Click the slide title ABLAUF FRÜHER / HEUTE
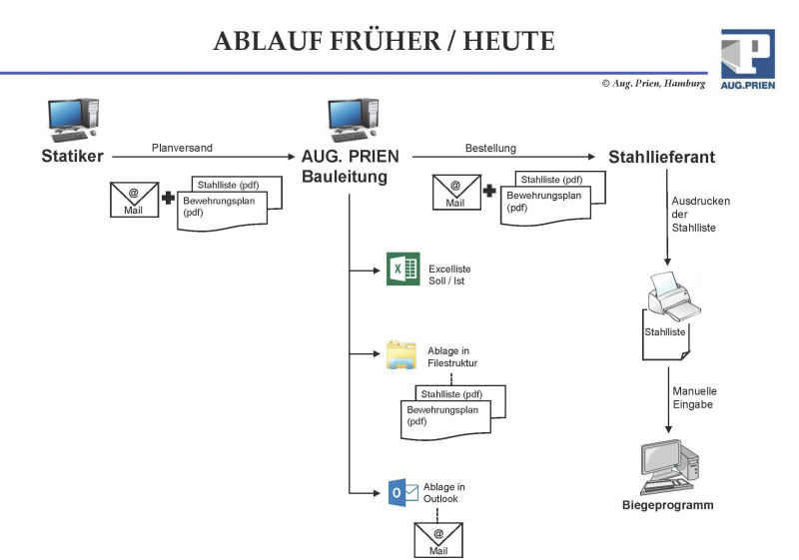384,41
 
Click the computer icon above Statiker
73,120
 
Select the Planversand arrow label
182,148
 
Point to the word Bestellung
490,148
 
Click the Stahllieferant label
661,157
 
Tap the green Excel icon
401,271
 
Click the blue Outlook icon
401,492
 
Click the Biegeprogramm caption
661,505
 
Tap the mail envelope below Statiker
133,198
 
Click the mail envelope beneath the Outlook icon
438,539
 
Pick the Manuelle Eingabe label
693,397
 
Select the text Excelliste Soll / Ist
449,276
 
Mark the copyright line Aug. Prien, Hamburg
653,84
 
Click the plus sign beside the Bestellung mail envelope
489,191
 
